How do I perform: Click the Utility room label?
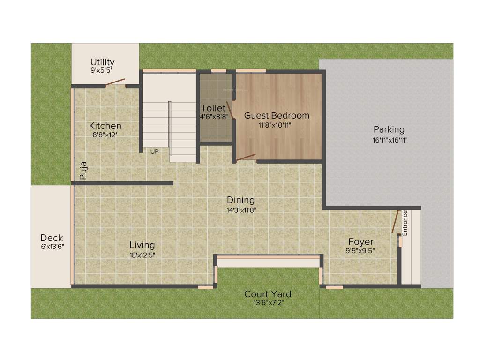point(102,62)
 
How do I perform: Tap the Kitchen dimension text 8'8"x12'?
point(105,135)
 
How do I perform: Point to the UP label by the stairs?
point(154,151)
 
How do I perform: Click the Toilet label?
point(213,108)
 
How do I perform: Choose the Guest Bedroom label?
point(277,115)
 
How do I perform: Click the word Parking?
point(389,129)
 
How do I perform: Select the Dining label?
point(240,200)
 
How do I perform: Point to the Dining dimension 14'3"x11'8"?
point(240,210)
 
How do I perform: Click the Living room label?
point(142,245)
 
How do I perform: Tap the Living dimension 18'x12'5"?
point(142,255)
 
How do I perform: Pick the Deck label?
point(52,238)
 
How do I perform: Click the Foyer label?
point(360,242)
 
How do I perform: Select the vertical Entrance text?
point(405,223)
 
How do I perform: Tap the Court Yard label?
point(268,294)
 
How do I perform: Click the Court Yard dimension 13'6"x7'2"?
point(268,303)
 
